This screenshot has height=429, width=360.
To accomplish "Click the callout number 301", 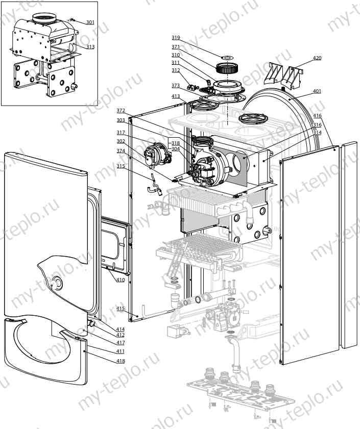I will pos(90,22).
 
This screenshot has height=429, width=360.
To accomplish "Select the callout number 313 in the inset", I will pos(90,47).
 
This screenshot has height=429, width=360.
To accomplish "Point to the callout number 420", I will pos(317,58).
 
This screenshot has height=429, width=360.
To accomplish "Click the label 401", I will pos(317,91).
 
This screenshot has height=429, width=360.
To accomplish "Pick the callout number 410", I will pos(121,280).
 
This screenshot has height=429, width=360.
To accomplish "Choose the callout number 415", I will pos(121,309).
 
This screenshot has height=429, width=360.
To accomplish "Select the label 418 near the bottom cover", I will pos(121,361).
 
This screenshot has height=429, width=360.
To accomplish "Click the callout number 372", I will pos(121,111).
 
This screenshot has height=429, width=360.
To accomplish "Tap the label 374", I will pos(121,151).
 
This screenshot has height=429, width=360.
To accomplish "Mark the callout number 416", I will pos(317,116).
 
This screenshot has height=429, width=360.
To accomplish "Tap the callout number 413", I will pos(175,96).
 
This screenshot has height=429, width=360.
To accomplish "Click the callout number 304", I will pos(175,149).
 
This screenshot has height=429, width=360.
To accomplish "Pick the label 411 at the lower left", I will pos(121,351).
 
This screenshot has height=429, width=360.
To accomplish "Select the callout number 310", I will pos(175,55).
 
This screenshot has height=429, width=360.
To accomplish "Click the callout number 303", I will pos(121,120).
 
